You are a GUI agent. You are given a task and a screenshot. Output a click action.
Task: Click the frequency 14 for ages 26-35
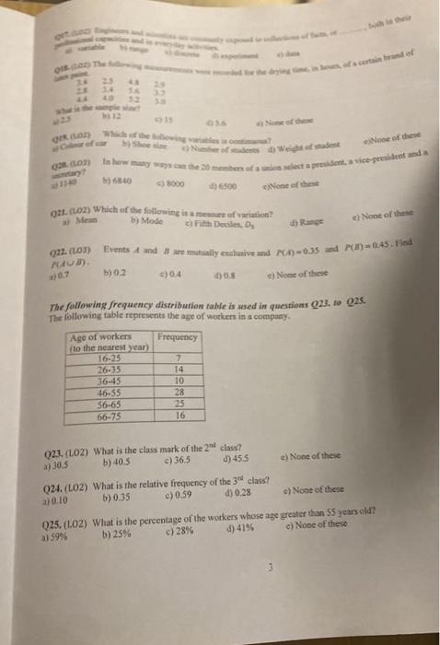pos(180,369)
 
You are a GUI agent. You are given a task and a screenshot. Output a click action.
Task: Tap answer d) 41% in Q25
pos(220,525)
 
